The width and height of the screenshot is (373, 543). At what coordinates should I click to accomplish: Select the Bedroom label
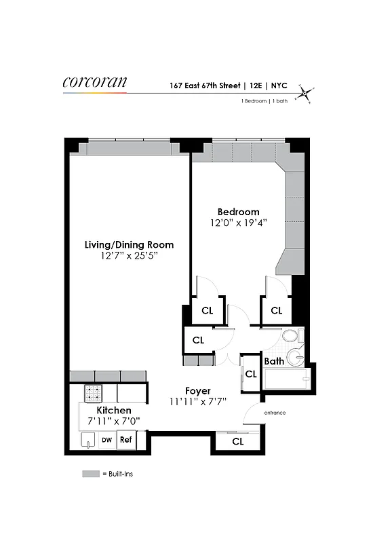(x=238, y=212)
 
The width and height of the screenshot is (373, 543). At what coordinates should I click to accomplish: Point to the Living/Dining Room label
(x=129, y=244)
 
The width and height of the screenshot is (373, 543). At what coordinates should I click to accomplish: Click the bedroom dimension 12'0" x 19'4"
(x=238, y=223)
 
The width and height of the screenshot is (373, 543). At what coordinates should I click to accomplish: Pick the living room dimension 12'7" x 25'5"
(x=129, y=256)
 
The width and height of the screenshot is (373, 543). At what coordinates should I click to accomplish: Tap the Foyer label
(x=198, y=391)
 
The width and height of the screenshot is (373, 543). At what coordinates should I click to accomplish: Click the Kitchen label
(x=114, y=411)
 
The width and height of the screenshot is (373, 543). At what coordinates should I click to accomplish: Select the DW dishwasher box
(x=106, y=440)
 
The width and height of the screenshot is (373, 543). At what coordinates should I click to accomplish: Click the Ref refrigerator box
(x=125, y=440)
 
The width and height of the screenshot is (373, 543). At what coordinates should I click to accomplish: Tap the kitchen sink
(x=87, y=442)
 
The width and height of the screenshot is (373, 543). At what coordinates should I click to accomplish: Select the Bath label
(x=274, y=361)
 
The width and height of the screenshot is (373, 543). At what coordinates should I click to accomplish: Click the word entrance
(x=275, y=413)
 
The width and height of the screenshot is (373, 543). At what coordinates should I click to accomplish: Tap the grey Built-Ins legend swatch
(x=91, y=473)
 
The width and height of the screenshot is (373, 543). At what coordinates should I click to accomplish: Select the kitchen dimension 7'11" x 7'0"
(x=114, y=422)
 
